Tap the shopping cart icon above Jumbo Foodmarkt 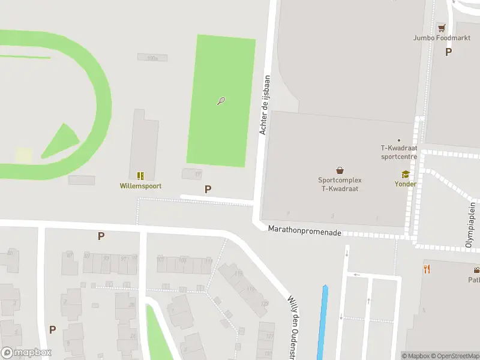442,28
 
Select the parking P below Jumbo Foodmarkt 448,52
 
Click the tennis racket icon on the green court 221,101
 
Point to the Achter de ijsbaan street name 264,104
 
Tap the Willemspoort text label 140,186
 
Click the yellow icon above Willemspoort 140,176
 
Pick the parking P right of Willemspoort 208,189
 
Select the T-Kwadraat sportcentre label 399,152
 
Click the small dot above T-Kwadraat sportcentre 399,140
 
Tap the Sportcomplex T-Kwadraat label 340,184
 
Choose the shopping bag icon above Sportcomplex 340,170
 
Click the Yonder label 405,184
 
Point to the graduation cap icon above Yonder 405,175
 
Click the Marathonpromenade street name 305,230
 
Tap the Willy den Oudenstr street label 293,321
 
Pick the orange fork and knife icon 427,269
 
